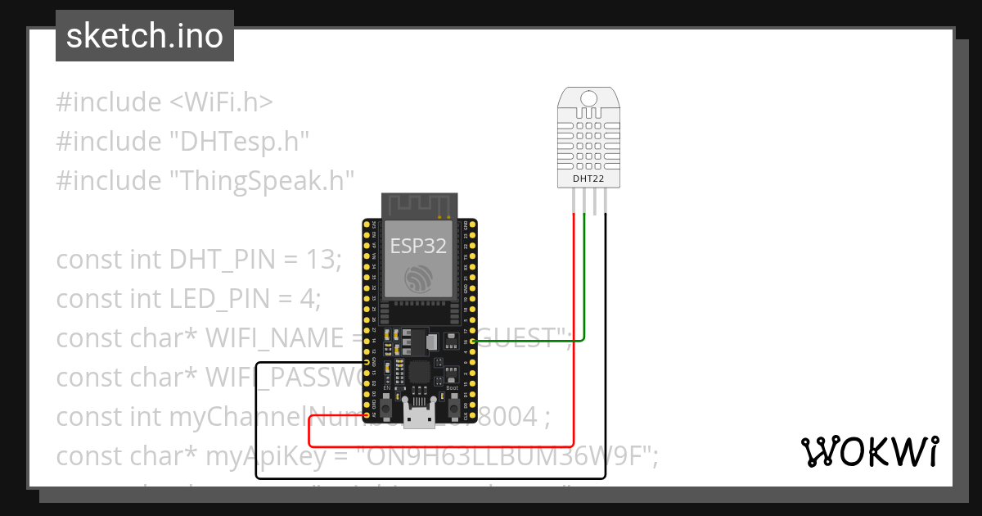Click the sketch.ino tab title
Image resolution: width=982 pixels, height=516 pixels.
tap(145, 36)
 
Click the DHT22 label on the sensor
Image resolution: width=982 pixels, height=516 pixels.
tap(589, 177)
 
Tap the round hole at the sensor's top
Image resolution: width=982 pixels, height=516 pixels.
tap(589, 99)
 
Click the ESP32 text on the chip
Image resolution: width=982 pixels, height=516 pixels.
tap(418, 246)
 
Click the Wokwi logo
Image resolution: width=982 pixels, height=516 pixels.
tap(869, 451)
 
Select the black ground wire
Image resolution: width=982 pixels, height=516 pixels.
tap(606, 369)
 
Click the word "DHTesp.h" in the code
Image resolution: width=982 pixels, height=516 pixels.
tap(239, 142)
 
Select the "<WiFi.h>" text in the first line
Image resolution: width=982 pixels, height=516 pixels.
tap(221, 102)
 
